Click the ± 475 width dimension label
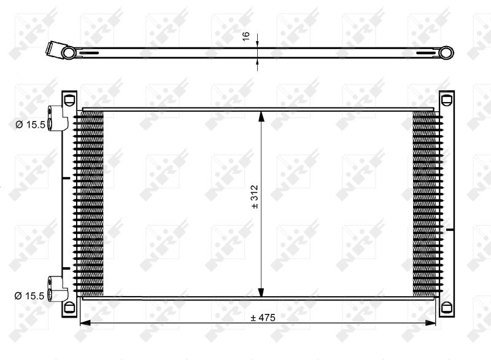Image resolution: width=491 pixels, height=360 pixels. [263, 318]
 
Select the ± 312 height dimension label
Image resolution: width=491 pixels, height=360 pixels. [255, 197]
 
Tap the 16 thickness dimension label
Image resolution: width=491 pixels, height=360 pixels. [246, 36]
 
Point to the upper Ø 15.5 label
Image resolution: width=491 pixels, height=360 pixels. [31, 125]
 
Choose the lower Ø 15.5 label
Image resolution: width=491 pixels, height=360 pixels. [29, 295]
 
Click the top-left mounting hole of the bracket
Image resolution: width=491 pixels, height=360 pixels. [69, 100]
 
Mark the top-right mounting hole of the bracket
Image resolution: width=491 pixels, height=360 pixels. [447, 100]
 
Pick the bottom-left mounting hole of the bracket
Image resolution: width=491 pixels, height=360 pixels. [69, 307]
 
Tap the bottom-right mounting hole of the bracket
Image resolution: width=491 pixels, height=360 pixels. [447, 307]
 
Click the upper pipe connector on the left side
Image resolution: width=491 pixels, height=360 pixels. [58, 119]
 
